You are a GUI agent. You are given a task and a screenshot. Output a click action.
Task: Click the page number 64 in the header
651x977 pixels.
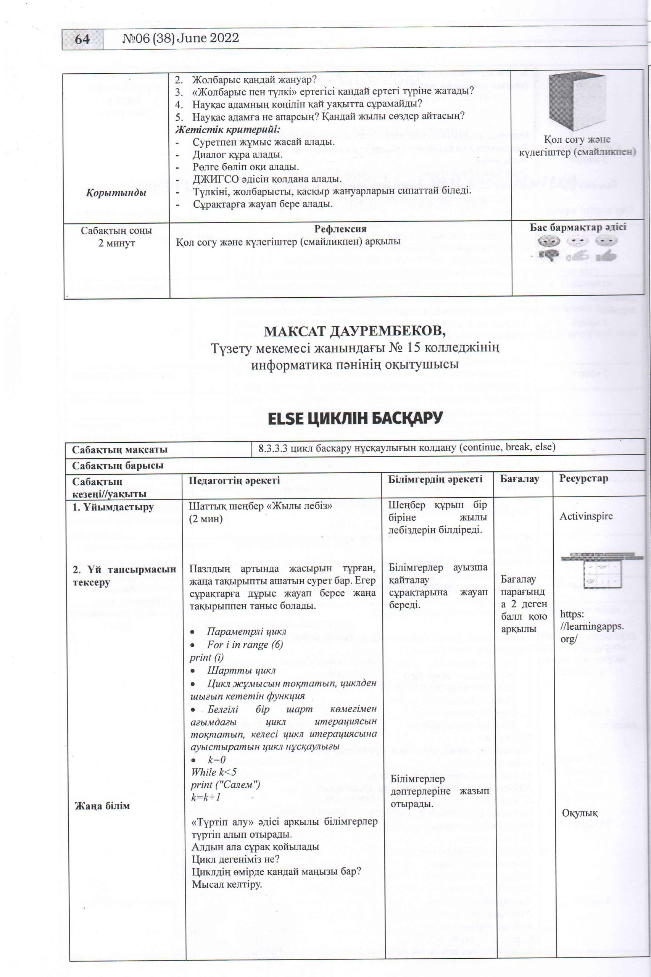(82, 39)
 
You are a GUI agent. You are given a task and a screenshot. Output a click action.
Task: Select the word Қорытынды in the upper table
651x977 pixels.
(116, 193)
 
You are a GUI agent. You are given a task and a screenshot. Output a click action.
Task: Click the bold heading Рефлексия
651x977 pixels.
(340, 229)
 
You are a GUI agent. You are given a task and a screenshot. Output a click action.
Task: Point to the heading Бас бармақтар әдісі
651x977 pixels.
(577, 227)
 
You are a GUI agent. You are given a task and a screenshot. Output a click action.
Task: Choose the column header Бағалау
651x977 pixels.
(519, 479)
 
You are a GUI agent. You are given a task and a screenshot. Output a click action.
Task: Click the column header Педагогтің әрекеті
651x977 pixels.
(234, 480)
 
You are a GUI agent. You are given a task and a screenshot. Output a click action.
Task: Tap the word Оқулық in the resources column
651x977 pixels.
(580, 813)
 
